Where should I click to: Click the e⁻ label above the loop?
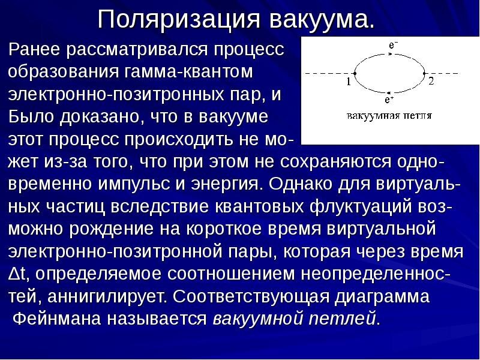pos(393,45)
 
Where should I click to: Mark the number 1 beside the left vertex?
pos(348,82)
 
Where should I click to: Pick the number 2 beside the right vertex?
pos(431,82)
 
